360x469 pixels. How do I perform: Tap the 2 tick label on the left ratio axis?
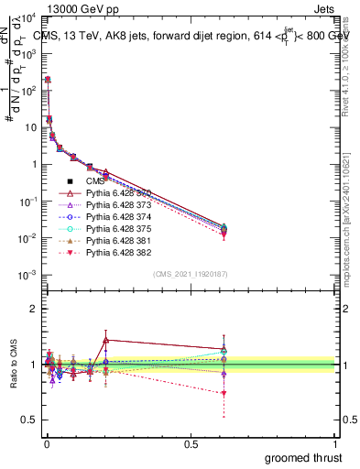pos(32,309)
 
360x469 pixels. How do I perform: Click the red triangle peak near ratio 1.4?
pos(106,340)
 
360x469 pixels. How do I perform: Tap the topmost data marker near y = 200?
pos(48,80)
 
